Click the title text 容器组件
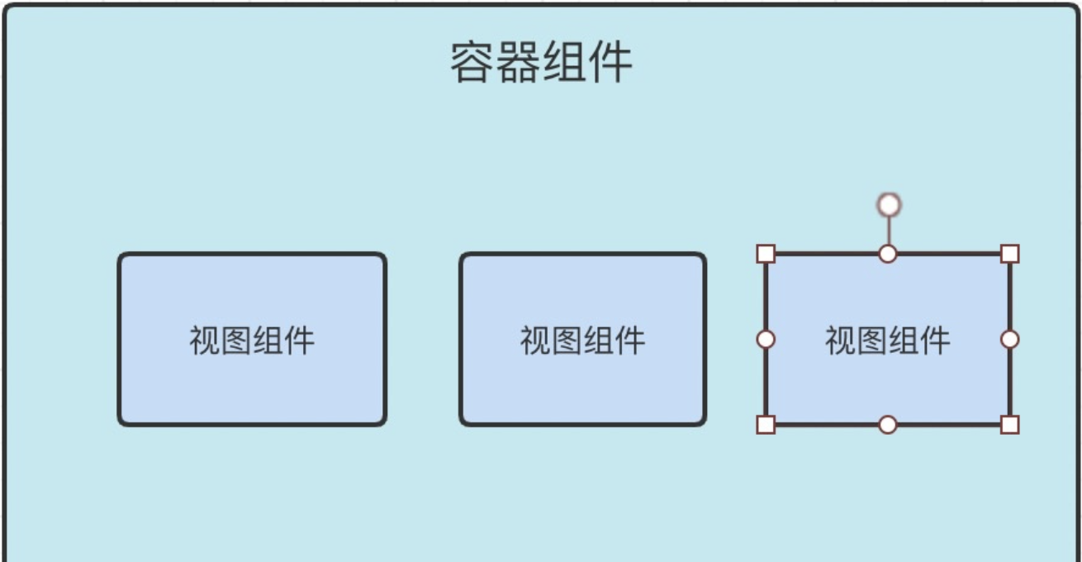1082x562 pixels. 541,62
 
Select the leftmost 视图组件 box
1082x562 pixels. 252,380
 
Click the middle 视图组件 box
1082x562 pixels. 582,380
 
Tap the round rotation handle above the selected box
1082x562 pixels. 889,204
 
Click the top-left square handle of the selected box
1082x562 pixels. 766,254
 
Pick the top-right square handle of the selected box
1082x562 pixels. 1009,254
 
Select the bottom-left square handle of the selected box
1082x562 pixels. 766,425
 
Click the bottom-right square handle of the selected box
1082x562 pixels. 1009,425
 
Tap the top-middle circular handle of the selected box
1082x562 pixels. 888,254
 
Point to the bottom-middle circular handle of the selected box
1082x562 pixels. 888,425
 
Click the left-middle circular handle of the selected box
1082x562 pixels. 766,339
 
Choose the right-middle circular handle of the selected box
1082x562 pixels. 1009,339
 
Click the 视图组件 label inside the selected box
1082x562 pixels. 888,340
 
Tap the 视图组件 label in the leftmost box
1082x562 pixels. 252,340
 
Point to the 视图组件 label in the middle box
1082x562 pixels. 582,340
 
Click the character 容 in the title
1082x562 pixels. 472,62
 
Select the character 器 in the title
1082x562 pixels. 518,62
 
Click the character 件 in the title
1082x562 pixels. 610,62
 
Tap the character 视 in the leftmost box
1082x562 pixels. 205,340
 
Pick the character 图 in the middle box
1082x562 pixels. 567,340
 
